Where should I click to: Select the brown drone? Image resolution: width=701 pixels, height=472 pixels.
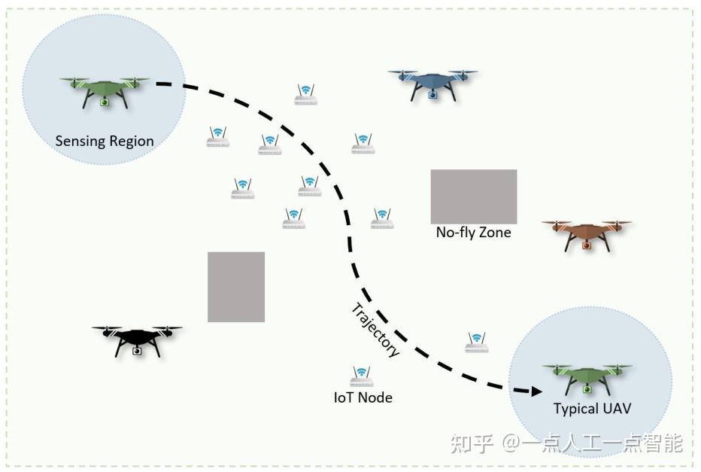[x=587, y=233]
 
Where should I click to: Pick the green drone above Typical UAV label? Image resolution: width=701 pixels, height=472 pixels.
[x=587, y=376]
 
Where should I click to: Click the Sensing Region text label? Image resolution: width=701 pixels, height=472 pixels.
[x=105, y=142]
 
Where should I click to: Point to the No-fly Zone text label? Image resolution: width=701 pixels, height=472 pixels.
[x=473, y=233]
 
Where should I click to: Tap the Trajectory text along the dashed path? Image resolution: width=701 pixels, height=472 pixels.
[x=375, y=330]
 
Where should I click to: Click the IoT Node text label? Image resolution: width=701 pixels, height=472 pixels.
[x=363, y=397]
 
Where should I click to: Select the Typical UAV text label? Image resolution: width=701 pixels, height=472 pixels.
[x=592, y=409]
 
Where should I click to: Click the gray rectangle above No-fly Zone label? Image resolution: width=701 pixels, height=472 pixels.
[x=473, y=196]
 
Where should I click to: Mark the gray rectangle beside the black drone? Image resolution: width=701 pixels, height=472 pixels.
[x=236, y=287]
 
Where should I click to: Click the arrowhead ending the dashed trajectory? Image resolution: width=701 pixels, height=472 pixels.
[x=536, y=391]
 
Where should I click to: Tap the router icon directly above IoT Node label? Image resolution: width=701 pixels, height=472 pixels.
[x=362, y=376]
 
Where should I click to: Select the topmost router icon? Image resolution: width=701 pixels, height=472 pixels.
[x=305, y=95]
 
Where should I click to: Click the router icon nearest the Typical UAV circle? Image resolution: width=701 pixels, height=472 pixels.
[x=477, y=343]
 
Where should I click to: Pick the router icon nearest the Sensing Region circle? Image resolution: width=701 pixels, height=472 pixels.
[x=218, y=136]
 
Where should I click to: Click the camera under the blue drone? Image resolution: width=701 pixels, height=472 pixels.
[x=432, y=95]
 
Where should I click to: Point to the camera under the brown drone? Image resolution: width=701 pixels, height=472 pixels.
[x=586, y=245]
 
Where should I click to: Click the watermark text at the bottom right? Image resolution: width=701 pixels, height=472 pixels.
[x=566, y=443]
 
